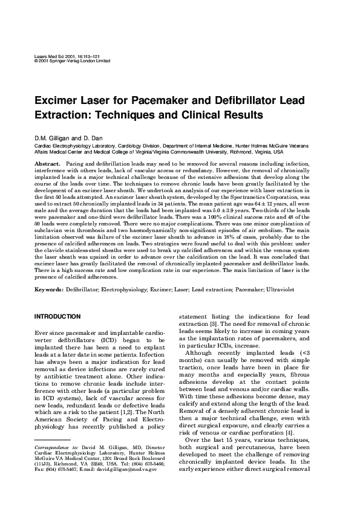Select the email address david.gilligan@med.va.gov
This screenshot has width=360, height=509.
tap(126, 468)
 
